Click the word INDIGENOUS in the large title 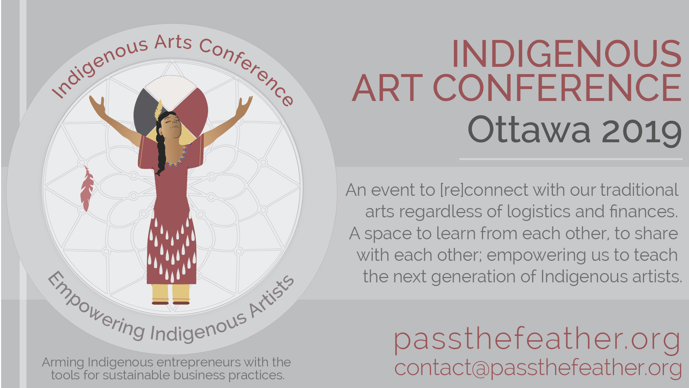coord(567,54)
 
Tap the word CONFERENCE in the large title coord(557,88)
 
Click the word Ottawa coord(529,130)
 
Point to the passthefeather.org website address coord(538,340)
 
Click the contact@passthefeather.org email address coord(538,368)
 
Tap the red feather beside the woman coord(86,188)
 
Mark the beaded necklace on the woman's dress coord(178,158)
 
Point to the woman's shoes coord(171,303)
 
